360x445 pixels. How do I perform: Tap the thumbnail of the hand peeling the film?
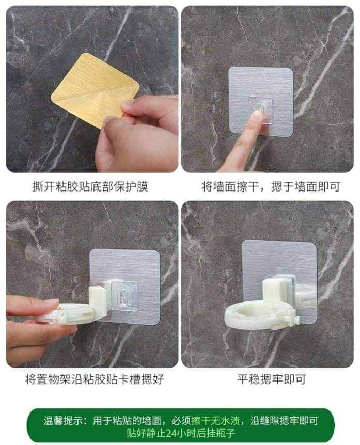pos(92,89)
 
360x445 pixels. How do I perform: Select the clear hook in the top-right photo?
pos(261,110)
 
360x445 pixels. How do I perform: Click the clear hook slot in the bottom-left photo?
pos(124,295)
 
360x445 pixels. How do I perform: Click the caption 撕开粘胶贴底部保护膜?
pos(90,187)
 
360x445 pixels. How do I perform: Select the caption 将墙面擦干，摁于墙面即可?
pos(271,187)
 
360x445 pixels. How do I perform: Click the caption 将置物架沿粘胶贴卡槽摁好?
pos(94,379)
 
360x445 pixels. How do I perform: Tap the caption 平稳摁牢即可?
pos(271,379)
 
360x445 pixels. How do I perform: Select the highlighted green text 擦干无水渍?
pos(215,421)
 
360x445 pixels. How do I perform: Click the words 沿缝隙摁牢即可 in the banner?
pos(284,421)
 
